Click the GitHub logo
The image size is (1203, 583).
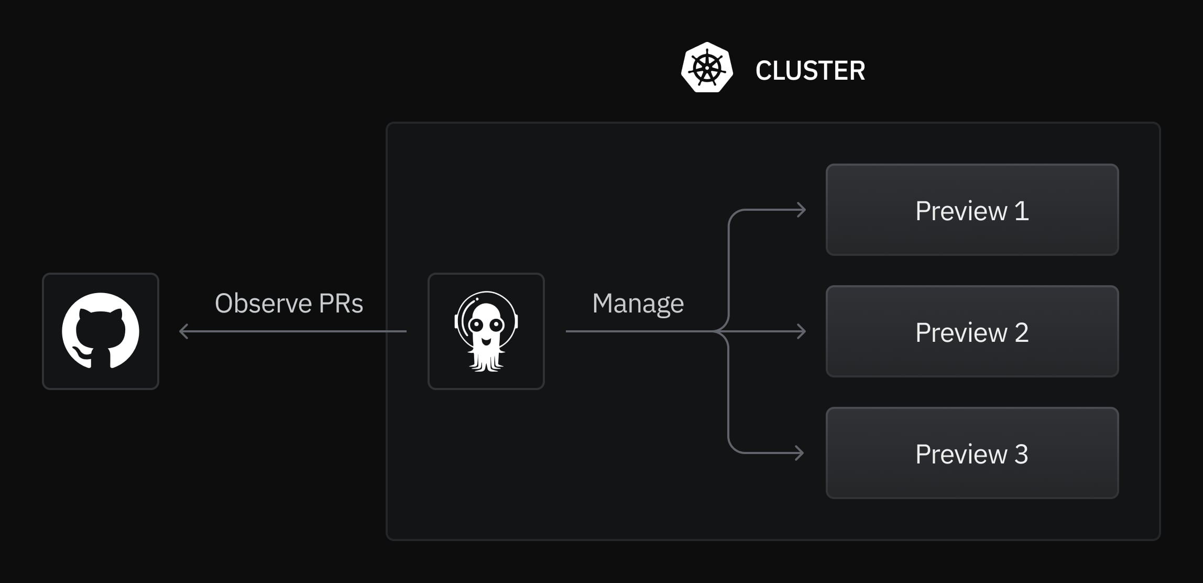coord(101,331)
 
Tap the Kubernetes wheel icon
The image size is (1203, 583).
coord(707,68)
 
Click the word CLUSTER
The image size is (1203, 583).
coord(810,71)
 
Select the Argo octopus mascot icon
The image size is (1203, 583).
coord(486,331)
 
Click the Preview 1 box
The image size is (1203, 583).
coord(972,210)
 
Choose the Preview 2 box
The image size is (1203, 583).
coord(972,331)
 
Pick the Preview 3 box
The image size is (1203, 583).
coord(972,453)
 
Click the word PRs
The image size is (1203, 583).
coord(341,303)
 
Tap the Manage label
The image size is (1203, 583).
coord(638,304)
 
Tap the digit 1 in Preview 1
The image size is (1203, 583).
coord(1022,211)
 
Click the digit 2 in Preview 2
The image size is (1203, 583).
coord(1022,332)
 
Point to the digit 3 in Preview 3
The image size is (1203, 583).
coord(1021,454)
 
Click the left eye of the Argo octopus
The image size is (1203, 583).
coord(476,325)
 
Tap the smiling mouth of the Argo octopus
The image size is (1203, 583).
coord(486,341)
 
